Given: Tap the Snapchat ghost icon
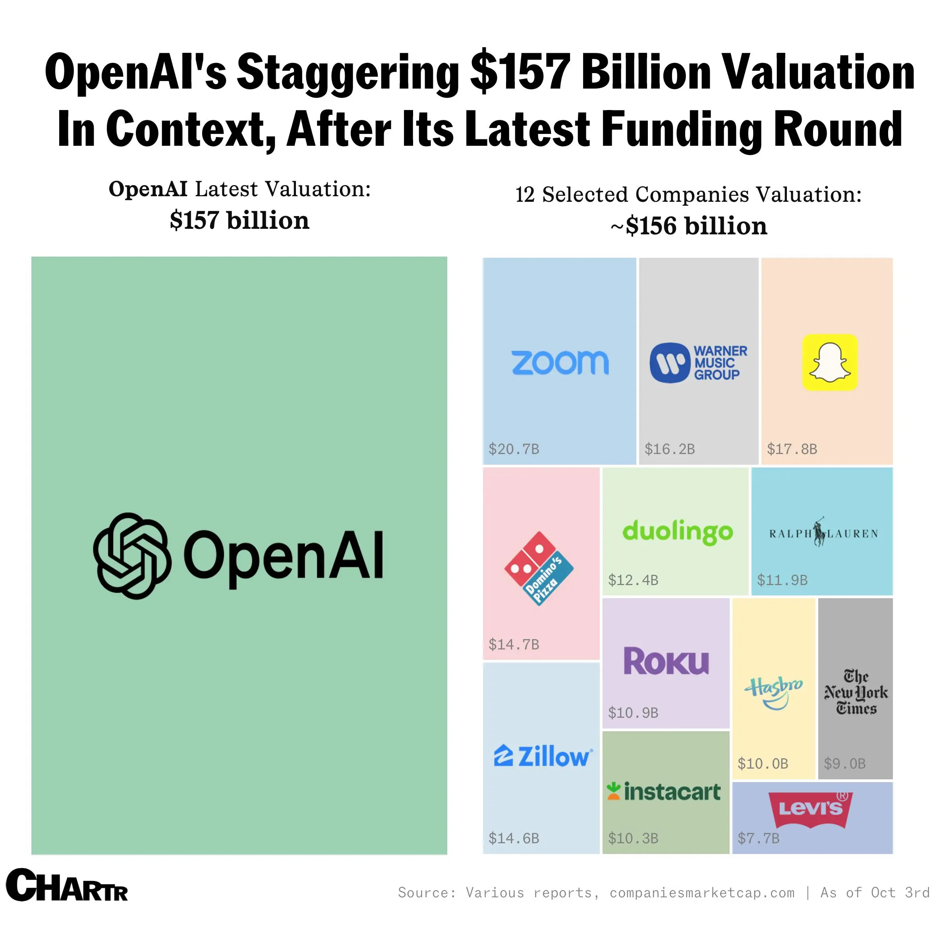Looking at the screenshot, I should (830, 362).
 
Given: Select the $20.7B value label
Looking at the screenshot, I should (514, 448).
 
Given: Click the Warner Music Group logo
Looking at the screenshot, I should (698, 363).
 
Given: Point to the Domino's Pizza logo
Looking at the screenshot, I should (539, 568).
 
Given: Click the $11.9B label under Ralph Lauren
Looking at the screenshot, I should (782, 580).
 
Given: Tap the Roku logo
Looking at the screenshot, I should (666, 661).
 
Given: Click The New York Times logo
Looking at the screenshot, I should (856, 692).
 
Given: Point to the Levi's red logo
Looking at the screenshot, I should (811, 809).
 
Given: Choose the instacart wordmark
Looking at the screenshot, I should (664, 792).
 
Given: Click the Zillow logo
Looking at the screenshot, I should (543, 756).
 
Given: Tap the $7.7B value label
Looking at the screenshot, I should (758, 838).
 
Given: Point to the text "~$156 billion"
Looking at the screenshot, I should (689, 226).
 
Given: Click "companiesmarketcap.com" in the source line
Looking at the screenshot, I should (702, 893).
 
